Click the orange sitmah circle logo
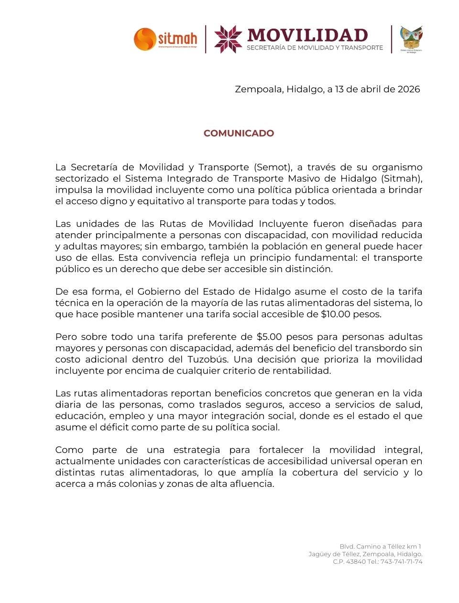(145, 39)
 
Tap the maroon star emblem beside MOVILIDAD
(228, 39)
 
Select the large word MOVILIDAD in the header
(308, 35)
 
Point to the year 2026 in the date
(409, 89)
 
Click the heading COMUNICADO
(239, 133)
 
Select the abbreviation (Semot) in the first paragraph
(273, 167)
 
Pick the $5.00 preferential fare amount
(269, 337)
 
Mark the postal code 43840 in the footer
(356, 562)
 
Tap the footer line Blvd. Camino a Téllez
(380, 547)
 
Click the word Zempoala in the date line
(258, 89)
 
